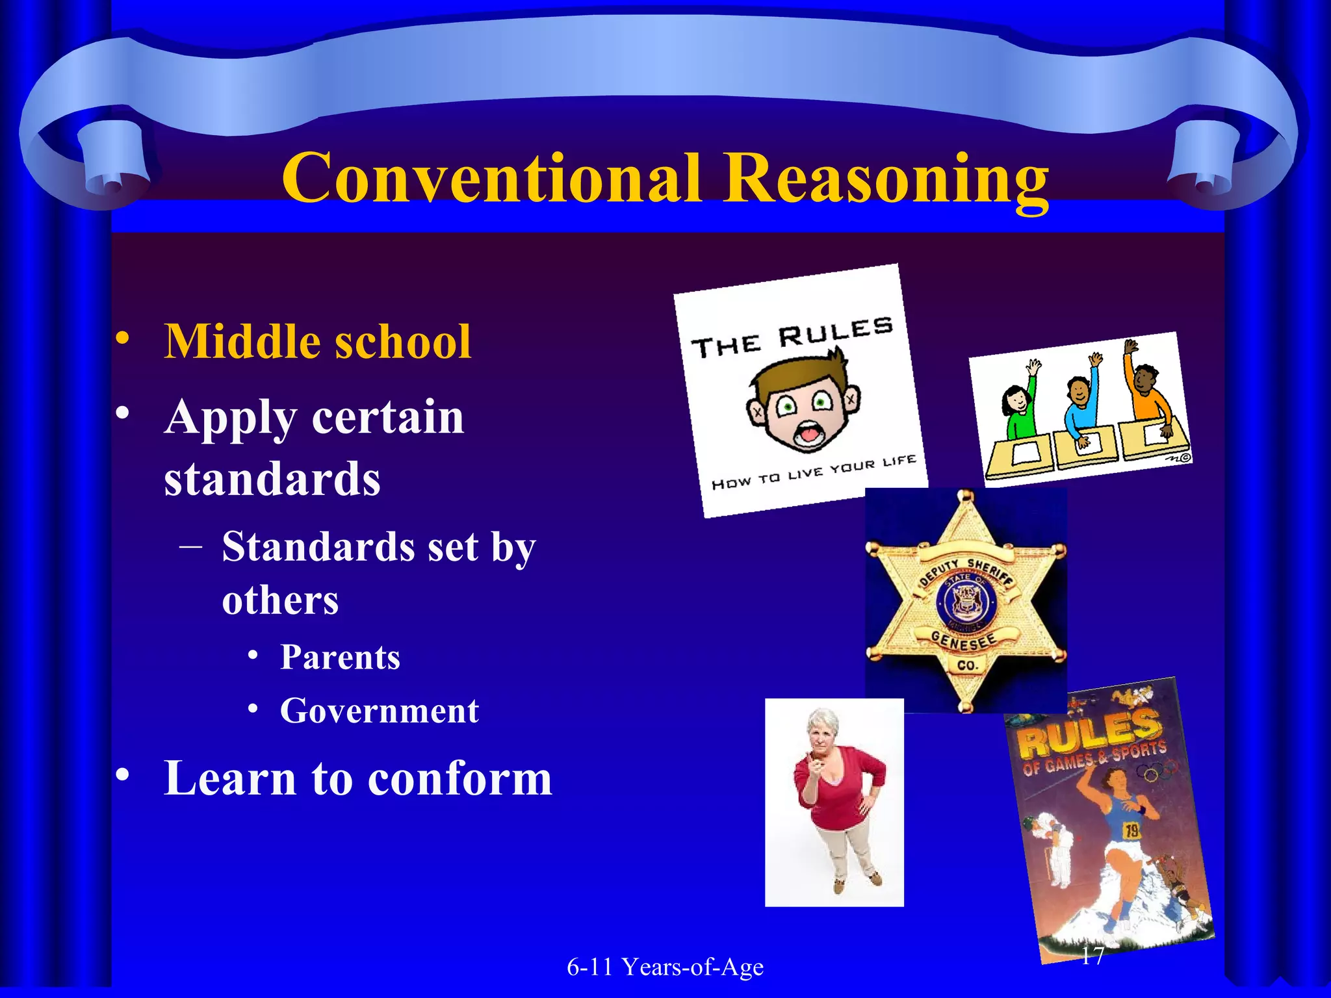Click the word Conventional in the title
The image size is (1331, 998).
[491, 177]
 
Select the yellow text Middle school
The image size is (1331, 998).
[317, 342]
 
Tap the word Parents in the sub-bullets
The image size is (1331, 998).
[340, 658]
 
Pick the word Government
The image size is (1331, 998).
[380, 711]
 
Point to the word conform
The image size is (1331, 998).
[459, 778]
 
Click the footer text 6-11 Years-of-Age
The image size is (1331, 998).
[665, 967]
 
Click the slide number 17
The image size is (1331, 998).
[1092, 955]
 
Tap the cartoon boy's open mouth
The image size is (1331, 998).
[807, 433]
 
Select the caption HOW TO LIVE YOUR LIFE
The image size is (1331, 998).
[814, 472]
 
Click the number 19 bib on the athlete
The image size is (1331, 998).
[1131, 830]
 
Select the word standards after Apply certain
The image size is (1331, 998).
[272, 479]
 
